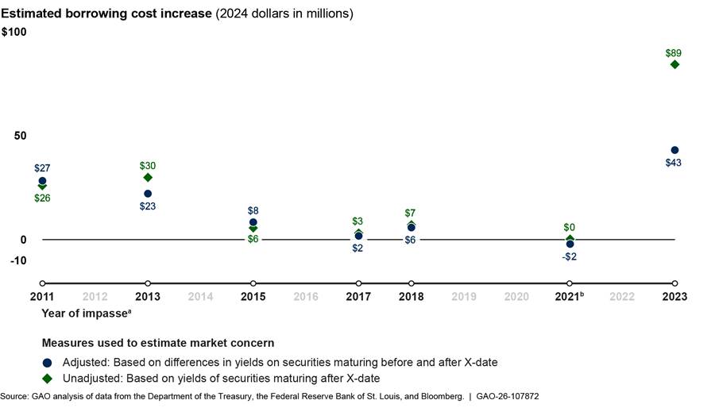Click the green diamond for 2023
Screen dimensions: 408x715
[x=674, y=64]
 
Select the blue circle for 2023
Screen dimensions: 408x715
[x=674, y=150]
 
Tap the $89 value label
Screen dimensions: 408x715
[x=674, y=53]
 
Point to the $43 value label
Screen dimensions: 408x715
[x=674, y=163]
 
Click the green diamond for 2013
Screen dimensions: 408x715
[x=148, y=177]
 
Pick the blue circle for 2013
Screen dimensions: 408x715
[x=148, y=194]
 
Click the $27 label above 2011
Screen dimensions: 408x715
[x=42, y=168]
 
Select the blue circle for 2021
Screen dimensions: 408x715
[x=570, y=244]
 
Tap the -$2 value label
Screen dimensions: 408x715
[x=570, y=256]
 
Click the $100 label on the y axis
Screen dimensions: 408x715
[x=14, y=32]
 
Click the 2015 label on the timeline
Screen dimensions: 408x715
[x=253, y=297]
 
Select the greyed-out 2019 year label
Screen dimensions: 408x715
[x=464, y=297]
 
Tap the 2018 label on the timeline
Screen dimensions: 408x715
[x=411, y=297]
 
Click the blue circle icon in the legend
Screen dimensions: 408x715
[x=48, y=363]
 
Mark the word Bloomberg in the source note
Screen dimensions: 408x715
[x=439, y=395]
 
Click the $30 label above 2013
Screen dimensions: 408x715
[x=148, y=166]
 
